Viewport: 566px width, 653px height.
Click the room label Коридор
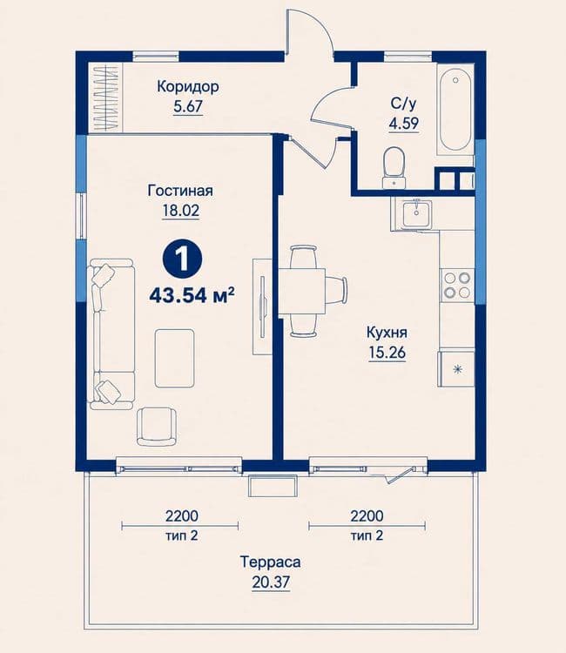[188, 87]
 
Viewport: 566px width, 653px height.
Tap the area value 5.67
[188, 106]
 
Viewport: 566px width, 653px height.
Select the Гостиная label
[180, 191]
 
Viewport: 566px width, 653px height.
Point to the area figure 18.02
[181, 211]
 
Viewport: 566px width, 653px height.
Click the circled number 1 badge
[182, 259]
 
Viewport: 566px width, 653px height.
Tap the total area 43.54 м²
[192, 296]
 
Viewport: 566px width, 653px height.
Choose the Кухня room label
[387, 333]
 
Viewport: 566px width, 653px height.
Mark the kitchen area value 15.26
[387, 353]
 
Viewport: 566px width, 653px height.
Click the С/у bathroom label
[403, 104]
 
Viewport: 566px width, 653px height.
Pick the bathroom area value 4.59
[403, 124]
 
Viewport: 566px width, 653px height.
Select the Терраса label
[270, 562]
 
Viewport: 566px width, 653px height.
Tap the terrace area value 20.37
[271, 582]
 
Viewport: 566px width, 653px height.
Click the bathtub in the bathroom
[455, 110]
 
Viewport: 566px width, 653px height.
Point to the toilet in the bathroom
[394, 167]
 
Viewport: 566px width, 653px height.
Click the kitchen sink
[416, 213]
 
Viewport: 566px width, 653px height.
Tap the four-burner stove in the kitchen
[457, 286]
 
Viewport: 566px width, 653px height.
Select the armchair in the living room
[156, 427]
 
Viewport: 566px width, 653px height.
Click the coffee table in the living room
[174, 358]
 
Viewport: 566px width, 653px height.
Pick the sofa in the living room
[111, 334]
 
